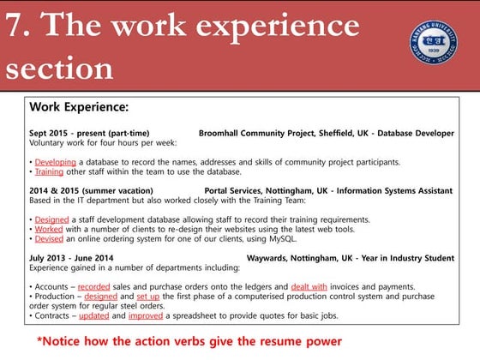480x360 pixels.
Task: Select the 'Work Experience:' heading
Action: [x=79, y=108]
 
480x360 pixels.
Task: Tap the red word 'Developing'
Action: [x=55, y=161]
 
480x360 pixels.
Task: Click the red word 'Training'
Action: [x=49, y=171]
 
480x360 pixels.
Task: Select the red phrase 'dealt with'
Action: [x=309, y=286]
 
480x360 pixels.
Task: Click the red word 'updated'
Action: [x=93, y=315]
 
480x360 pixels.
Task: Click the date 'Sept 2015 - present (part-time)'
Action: [x=89, y=133]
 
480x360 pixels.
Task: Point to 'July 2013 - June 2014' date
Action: [x=71, y=257]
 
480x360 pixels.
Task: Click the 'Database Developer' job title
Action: [x=416, y=133]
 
